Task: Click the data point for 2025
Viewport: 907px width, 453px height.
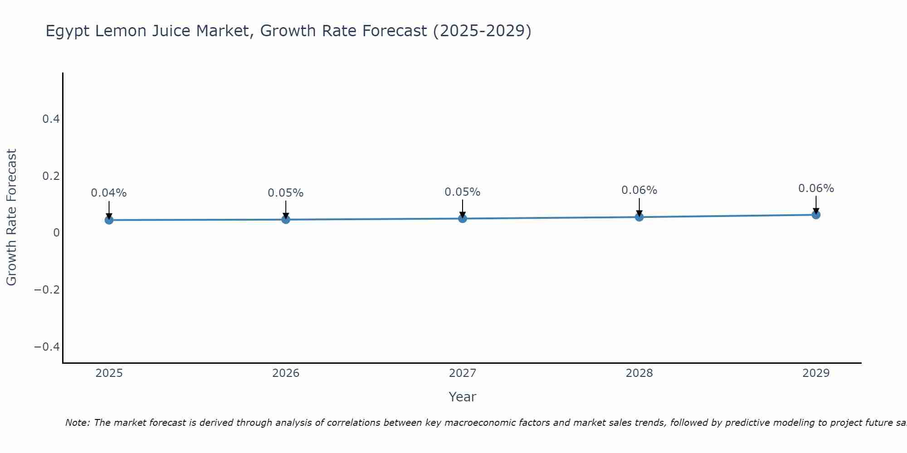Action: pos(109,220)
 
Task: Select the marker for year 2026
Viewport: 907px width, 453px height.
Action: pos(286,219)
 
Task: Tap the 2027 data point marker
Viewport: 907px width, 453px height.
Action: pos(463,218)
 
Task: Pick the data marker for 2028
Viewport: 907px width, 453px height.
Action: pos(639,217)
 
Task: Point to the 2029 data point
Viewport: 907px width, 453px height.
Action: pos(816,215)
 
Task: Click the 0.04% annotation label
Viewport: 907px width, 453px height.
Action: pos(109,193)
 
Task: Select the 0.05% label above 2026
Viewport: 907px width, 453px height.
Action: pos(286,193)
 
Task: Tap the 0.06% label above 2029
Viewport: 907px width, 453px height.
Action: pos(816,188)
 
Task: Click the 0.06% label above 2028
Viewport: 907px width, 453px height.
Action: pos(639,190)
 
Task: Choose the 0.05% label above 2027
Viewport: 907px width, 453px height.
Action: pos(463,192)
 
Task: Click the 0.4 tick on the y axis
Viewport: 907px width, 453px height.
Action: pos(51,119)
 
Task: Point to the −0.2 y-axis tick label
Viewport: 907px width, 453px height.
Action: pos(47,290)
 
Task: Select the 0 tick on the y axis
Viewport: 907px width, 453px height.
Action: pos(56,233)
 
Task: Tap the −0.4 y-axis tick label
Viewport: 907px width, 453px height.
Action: pos(47,347)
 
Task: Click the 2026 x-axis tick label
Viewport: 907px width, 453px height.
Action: pos(286,373)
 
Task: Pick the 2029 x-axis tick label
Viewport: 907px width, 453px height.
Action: pos(816,373)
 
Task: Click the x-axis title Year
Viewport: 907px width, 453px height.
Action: pos(462,397)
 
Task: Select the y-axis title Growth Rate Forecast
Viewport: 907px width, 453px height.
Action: pos(11,217)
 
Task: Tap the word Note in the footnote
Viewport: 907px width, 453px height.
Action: pos(78,423)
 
